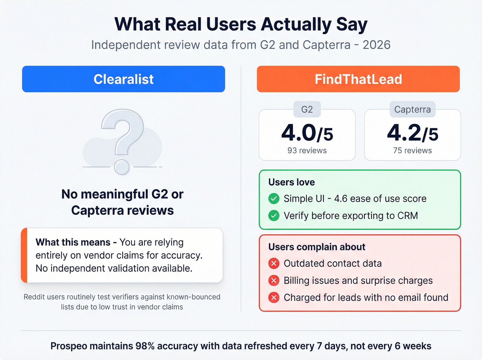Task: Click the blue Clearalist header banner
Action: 123,79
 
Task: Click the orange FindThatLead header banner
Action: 358,79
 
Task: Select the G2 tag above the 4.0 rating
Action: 307,110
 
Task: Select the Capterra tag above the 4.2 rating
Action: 412,110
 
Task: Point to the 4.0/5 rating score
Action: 307,133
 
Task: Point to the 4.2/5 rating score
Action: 412,133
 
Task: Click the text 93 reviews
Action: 307,151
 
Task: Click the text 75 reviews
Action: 412,151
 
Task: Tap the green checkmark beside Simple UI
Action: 274,199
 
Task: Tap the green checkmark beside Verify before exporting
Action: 274,216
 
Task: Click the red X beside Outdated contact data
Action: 274,264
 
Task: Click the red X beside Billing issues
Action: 274,280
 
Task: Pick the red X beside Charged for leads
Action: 274,297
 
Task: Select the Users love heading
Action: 291,182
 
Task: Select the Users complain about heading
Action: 316,247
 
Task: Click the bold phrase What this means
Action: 73,242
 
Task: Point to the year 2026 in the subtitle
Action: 376,45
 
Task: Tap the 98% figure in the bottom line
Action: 145,346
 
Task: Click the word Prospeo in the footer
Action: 69,346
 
